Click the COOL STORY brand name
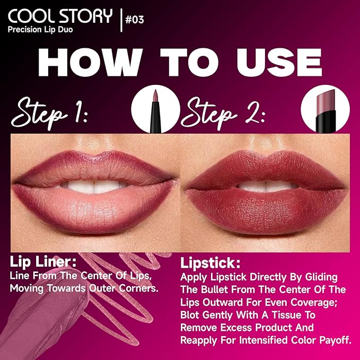(59, 15)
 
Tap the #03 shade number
(134, 20)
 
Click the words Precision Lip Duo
(40, 30)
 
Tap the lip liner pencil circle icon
(154, 110)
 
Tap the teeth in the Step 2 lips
(265, 186)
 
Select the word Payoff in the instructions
(332, 340)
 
